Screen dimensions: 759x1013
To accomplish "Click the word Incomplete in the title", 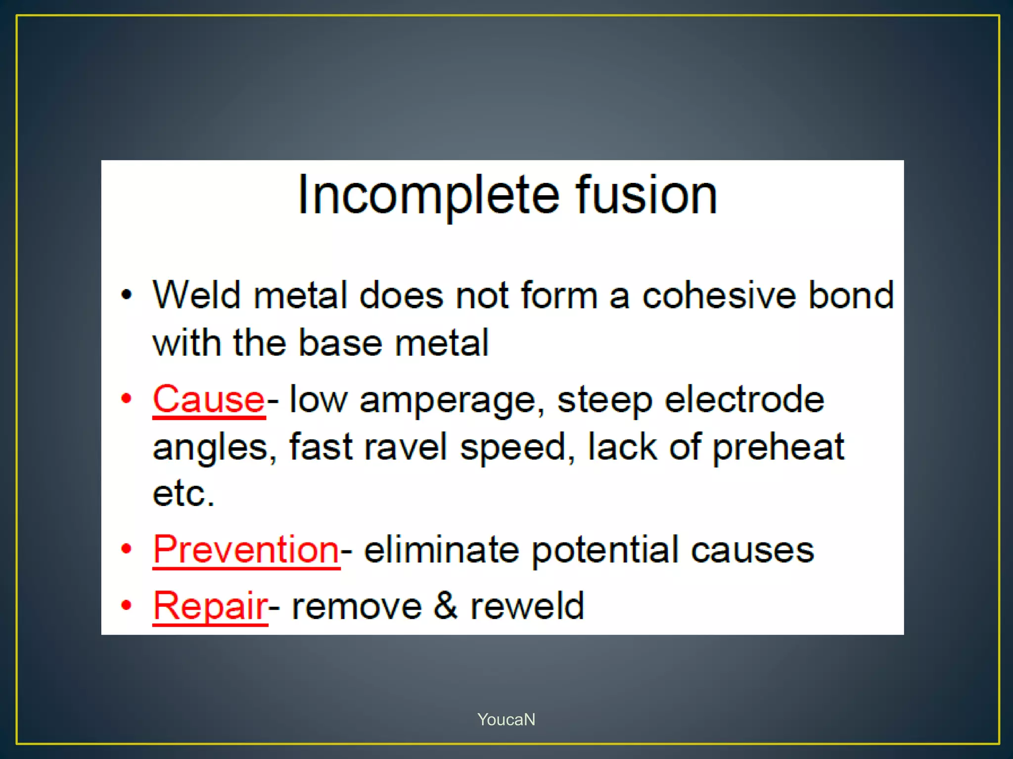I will pyautogui.click(x=428, y=195).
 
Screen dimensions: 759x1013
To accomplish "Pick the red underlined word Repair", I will pyautogui.click(x=210, y=605).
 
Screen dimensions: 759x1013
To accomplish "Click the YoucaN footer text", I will pyautogui.click(x=506, y=719).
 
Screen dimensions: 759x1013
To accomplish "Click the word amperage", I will pyautogui.click(x=448, y=400).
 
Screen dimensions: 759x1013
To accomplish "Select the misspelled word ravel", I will pyautogui.click(x=406, y=447).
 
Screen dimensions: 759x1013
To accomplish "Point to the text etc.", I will pyautogui.click(x=184, y=494).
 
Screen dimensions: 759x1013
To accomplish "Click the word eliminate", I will pyautogui.click(x=441, y=549).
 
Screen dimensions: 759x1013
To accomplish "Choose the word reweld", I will pyautogui.click(x=527, y=605).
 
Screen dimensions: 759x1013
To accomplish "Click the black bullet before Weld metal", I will pyautogui.click(x=127, y=295).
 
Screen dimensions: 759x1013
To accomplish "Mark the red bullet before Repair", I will pyautogui.click(x=127, y=605).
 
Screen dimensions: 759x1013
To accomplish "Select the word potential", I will pyautogui.click(x=605, y=550).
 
